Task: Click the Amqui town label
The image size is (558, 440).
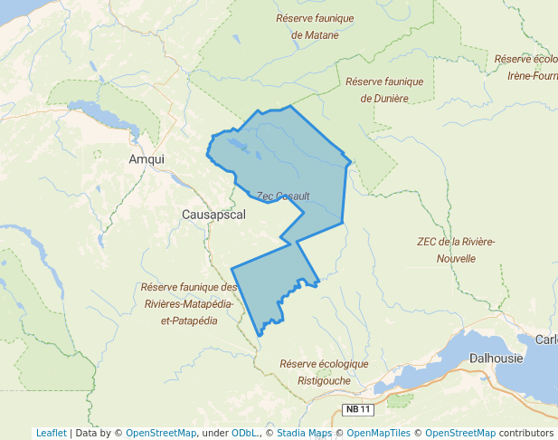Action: coord(147,158)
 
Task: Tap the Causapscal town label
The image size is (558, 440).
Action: coord(213,215)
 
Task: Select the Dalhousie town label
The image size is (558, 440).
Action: coord(496,358)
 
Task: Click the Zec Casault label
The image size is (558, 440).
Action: coord(283,196)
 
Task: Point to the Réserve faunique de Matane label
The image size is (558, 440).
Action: coord(315,26)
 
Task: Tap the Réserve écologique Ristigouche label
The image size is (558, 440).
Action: coord(324,372)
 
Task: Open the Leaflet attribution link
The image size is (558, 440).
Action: coord(51,433)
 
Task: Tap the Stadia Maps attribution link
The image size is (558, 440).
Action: coord(304,433)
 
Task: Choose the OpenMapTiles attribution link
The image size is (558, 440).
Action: coord(380,433)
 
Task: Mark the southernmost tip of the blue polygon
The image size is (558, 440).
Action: coord(260,336)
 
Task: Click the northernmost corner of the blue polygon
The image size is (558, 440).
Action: coord(290,106)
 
